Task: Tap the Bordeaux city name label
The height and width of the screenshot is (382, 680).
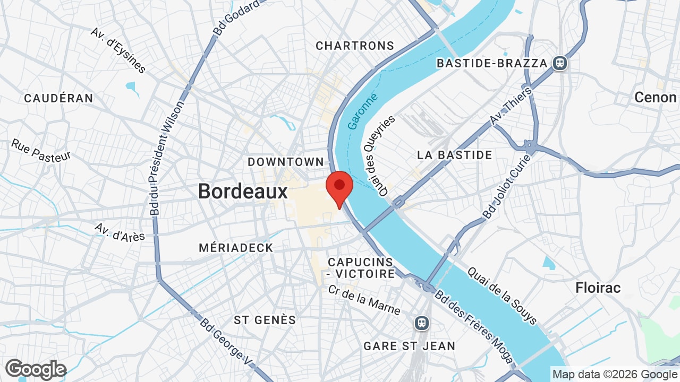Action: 243,191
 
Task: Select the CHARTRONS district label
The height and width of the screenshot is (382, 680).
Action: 355,46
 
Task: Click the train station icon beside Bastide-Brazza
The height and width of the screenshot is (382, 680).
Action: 559,63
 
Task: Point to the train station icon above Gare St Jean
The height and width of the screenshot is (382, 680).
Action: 422,323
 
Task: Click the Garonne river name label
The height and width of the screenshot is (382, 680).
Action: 363,111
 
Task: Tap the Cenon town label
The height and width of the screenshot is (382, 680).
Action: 655,98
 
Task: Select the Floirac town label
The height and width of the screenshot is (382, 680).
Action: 598,288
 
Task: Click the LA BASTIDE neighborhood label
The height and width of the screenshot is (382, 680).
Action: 455,155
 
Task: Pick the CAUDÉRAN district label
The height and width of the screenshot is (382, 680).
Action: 58,98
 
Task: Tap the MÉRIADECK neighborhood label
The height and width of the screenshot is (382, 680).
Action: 236,248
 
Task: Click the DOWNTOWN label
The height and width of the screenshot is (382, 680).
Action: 286,162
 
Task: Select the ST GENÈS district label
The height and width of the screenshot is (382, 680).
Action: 265,320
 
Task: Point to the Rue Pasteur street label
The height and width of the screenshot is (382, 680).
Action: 41,150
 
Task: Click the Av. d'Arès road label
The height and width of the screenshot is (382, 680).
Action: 120,232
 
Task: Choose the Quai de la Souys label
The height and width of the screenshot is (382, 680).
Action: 502,296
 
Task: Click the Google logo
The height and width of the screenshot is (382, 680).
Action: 36,370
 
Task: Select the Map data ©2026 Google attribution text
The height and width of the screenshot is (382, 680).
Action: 615,374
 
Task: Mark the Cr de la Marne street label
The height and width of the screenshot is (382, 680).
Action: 364,300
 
